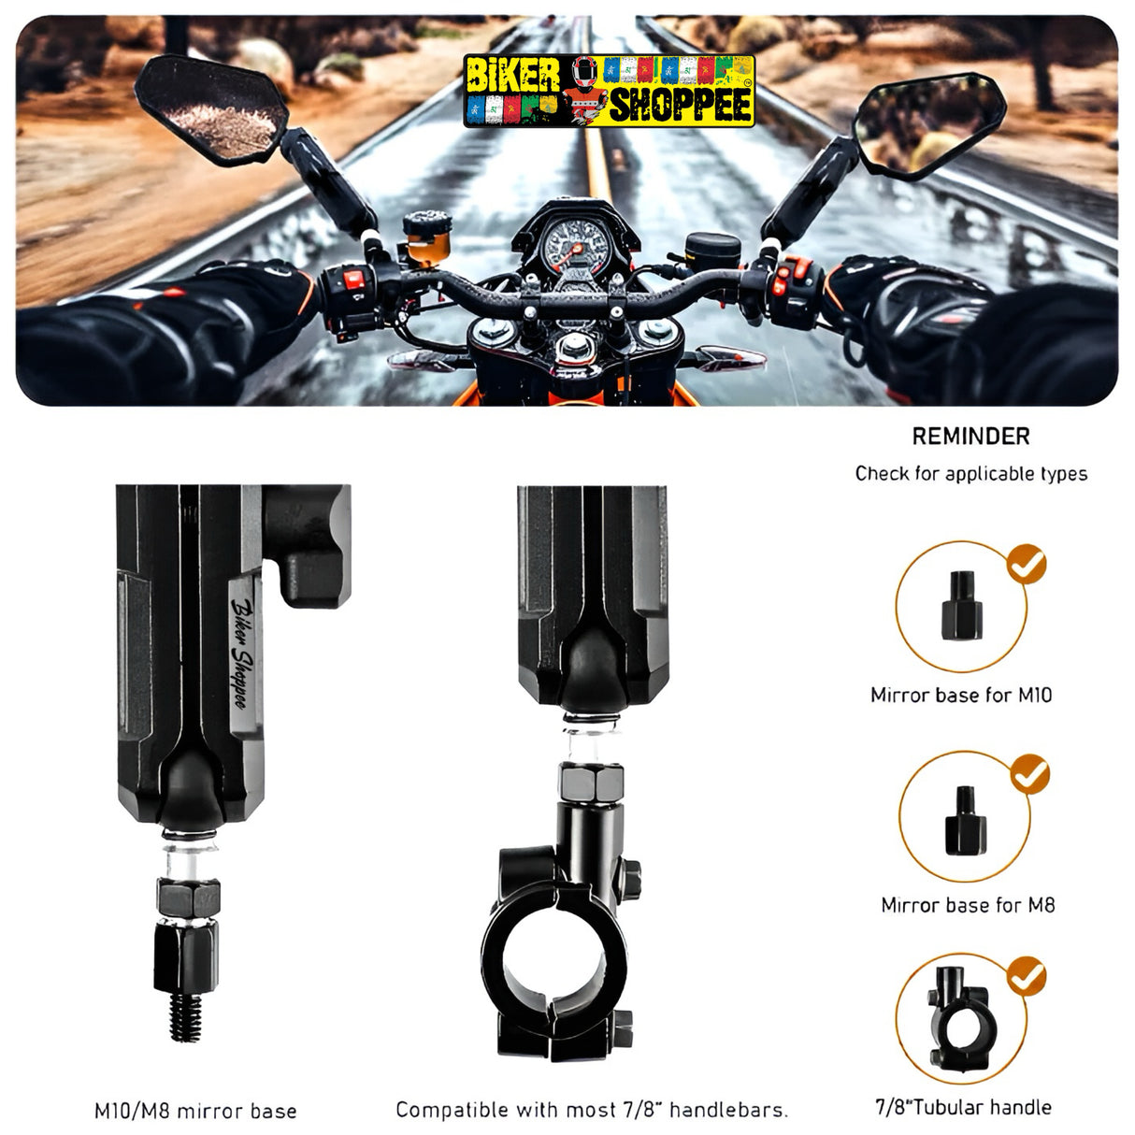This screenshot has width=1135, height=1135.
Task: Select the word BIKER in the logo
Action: point(512,76)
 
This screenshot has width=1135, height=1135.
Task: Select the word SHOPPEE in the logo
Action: point(681,106)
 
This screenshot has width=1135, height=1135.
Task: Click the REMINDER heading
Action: point(970,437)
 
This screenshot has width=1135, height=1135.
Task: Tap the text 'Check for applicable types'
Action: point(971,474)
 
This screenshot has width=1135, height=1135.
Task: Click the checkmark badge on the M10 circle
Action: point(1026,565)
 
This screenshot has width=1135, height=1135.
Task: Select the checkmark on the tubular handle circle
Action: point(1026,977)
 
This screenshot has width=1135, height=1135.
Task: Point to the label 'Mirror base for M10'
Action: point(961,695)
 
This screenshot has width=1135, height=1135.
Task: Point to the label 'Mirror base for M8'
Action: point(968,905)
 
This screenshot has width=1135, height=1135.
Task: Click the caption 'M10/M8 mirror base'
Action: point(195,1111)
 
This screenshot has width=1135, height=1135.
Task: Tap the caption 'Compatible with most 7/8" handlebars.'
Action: point(592,1110)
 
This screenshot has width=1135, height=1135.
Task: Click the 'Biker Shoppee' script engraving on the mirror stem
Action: point(239,654)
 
